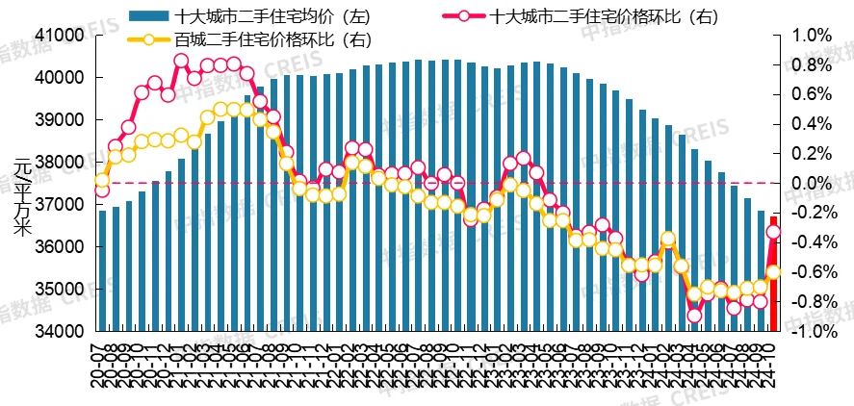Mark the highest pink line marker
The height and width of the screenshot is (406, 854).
tap(181, 61)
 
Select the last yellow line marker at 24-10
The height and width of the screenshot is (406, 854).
tap(773, 272)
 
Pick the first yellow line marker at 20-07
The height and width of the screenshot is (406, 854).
tap(102, 180)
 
